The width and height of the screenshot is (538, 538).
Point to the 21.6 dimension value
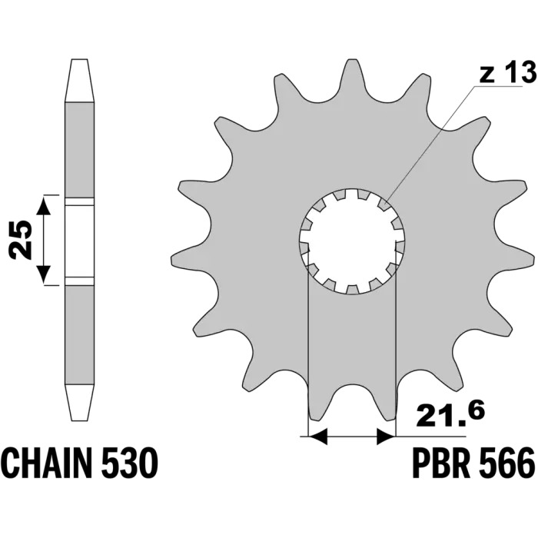click(450, 416)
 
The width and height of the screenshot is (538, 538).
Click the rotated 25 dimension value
click(21, 240)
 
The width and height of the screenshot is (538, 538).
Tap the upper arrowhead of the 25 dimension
click(43, 205)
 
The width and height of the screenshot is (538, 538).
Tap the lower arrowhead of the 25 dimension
click(43, 274)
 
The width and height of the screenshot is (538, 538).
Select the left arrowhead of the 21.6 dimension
click(318, 437)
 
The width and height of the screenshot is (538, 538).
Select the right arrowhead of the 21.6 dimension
click(387, 437)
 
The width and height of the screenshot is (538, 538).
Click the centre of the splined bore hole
click(352, 241)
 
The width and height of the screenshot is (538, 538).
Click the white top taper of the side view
click(79, 81)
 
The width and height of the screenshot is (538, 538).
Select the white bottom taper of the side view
click(79, 402)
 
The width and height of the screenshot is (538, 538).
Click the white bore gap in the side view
click(79, 241)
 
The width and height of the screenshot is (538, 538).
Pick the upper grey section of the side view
click(79, 150)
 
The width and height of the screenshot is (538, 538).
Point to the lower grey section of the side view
click(79, 335)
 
